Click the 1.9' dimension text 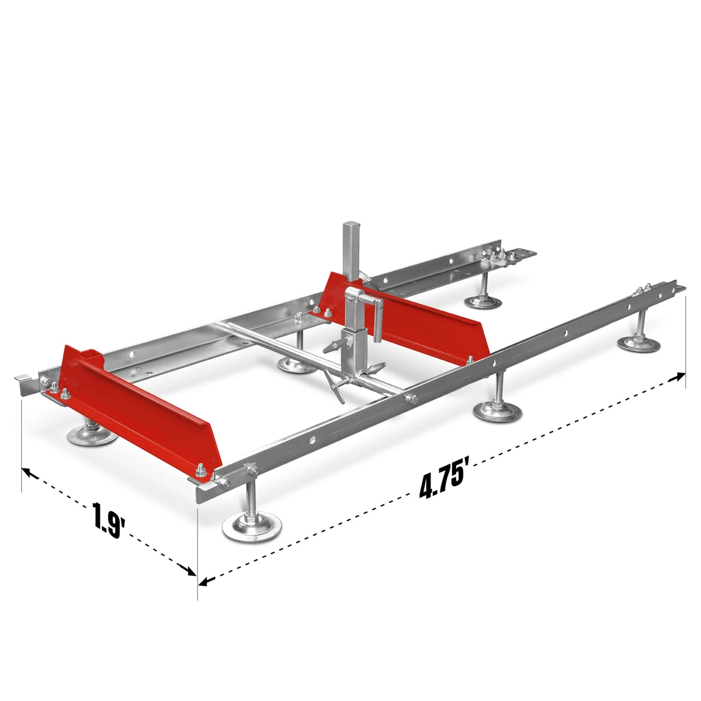pyautogui.click(x=109, y=519)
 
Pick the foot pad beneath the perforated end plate pyautogui.click(x=483, y=301)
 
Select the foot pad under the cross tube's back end pyautogui.click(x=297, y=366)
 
